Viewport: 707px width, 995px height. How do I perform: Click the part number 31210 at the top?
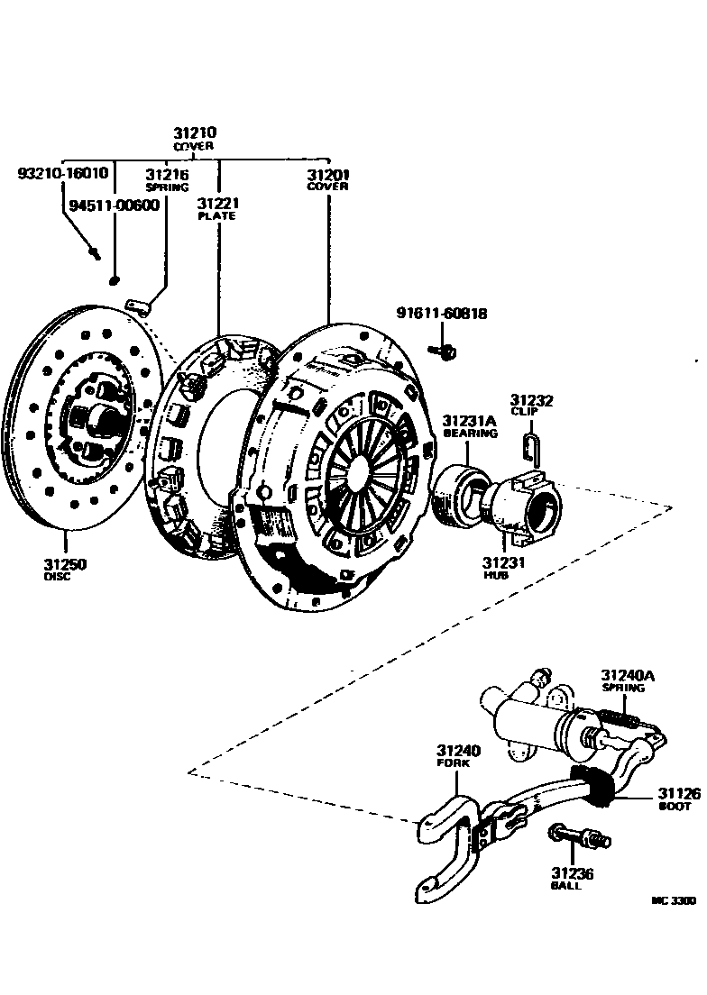click(195, 132)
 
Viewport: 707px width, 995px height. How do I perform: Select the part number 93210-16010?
click(63, 173)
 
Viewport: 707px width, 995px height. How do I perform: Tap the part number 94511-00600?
click(114, 205)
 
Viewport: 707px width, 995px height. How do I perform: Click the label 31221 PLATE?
click(216, 209)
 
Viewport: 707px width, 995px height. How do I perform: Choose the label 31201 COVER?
click(327, 179)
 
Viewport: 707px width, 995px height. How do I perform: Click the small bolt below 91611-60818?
click(443, 348)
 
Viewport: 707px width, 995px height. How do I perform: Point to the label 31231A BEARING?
click(469, 425)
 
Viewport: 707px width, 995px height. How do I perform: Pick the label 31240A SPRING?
click(624, 680)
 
